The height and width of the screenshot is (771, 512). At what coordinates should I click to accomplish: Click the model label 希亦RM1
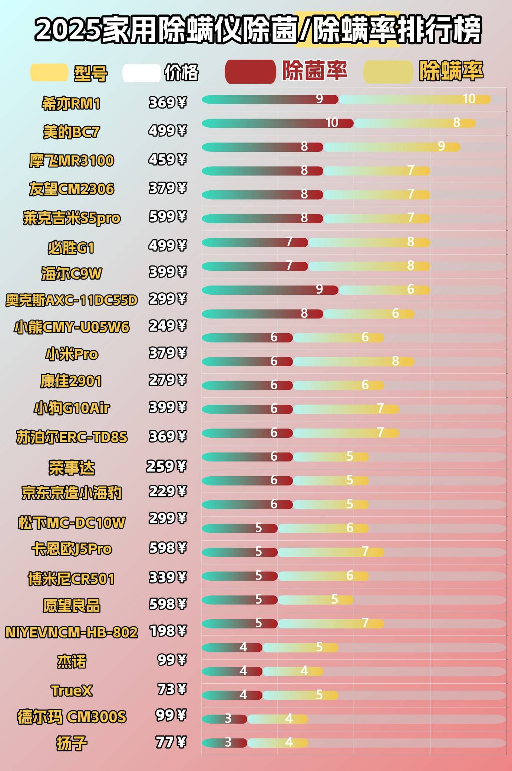tap(71, 104)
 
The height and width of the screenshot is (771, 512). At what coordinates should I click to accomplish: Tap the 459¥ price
tap(168, 160)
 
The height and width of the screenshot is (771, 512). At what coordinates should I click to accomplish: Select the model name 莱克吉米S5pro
tap(72, 218)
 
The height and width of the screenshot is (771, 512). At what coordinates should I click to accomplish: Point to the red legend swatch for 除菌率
tap(250, 71)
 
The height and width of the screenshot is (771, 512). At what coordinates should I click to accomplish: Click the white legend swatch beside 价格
tap(141, 73)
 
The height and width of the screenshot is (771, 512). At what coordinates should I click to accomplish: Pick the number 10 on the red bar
tap(332, 123)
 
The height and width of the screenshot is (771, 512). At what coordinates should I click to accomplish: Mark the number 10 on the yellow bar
tap(469, 99)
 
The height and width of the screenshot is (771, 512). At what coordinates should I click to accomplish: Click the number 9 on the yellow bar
tap(441, 146)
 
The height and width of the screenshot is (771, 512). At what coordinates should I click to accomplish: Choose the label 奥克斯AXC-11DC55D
tap(72, 300)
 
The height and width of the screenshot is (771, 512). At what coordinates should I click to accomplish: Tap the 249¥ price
tap(168, 326)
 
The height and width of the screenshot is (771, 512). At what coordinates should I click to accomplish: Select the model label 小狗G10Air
tap(72, 408)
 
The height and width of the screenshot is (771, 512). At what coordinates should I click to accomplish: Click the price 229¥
tap(168, 491)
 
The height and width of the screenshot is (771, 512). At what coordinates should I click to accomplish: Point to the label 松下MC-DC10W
tap(72, 523)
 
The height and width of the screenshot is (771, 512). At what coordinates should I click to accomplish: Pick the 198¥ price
tap(168, 631)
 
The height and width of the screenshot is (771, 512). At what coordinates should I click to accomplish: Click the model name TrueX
tap(72, 691)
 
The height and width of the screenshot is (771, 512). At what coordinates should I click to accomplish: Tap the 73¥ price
tap(172, 689)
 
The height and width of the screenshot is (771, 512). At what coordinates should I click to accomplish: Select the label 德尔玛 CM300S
tap(72, 717)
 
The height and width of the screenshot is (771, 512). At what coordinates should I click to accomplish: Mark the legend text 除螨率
tap(451, 71)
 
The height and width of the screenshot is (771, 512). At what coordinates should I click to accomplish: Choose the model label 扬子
tap(72, 743)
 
